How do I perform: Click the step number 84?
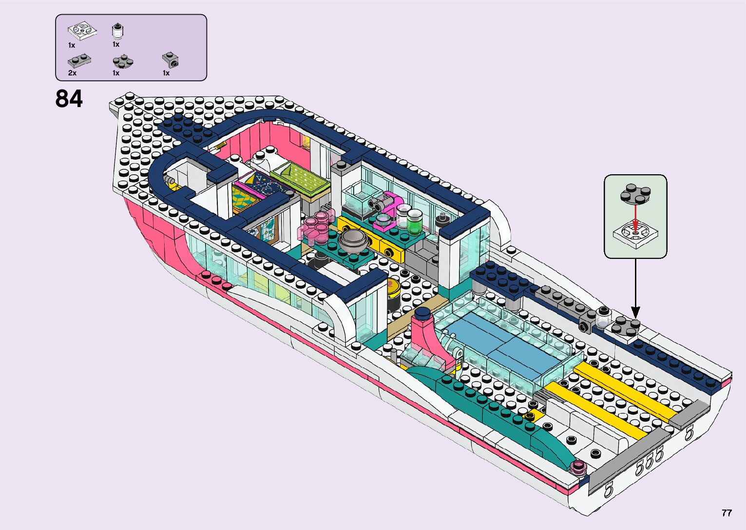[x=69, y=98]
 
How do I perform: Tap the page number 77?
[x=727, y=513]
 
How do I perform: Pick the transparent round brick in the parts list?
[x=117, y=31]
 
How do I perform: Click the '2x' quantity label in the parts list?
[x=72, y=73]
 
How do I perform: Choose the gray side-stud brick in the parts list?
[x=171, y=60]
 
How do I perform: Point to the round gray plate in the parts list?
[x=123, y=62]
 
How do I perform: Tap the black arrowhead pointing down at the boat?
[x=635, y=312]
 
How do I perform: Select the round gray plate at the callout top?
[x=635, y=193]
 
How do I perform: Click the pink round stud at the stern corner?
[x=579, y=468]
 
